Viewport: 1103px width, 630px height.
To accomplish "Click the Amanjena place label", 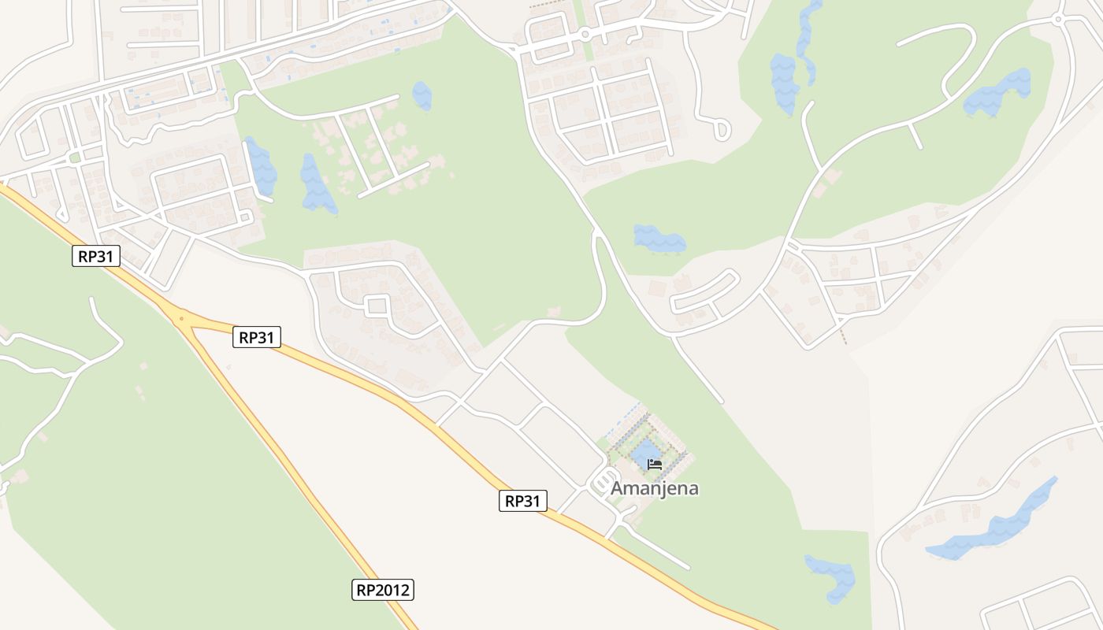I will (x=655, y=488).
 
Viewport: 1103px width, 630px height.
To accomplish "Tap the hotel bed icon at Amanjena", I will (x=654, y=464).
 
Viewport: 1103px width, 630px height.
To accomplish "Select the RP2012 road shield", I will (x=382, y=589).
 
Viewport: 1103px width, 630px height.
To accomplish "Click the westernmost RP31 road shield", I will (x=96, y=256).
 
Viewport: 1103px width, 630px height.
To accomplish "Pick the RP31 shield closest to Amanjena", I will (x=522, y=501).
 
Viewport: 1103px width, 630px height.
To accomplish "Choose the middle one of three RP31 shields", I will (x=257, y=338).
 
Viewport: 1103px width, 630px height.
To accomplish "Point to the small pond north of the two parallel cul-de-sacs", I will (x=422, y=95).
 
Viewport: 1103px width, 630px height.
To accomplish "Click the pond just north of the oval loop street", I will (x=659, y=238).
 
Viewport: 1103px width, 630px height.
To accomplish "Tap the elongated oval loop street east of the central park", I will (x=705, y=291).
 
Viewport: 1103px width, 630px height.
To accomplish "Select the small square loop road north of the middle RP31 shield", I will (x=377, y=305).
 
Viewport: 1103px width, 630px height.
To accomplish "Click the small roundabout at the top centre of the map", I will (x=585, y=35).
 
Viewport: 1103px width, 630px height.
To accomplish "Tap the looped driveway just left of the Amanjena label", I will (x=603, y=479).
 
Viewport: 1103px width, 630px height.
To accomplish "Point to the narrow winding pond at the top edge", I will (x=807, y=31).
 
